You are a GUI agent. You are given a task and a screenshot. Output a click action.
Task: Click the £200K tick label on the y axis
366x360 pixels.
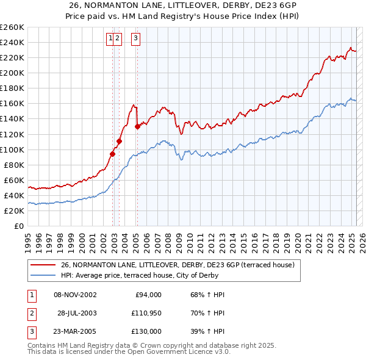[x=12, y=73]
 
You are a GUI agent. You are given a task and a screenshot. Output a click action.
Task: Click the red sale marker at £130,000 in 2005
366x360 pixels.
[x=137, y=126]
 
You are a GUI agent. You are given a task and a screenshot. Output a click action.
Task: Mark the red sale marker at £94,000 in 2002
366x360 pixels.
[x=113, y=154]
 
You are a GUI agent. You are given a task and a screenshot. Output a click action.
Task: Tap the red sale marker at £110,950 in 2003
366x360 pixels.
[x=120, y=141]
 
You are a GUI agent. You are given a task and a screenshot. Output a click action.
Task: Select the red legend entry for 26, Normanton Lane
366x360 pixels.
[x=178, y=265]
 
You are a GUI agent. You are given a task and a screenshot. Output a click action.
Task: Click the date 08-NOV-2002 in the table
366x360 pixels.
[x=75, y=295]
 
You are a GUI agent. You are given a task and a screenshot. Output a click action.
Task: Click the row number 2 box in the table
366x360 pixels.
[x=31, y=313]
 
